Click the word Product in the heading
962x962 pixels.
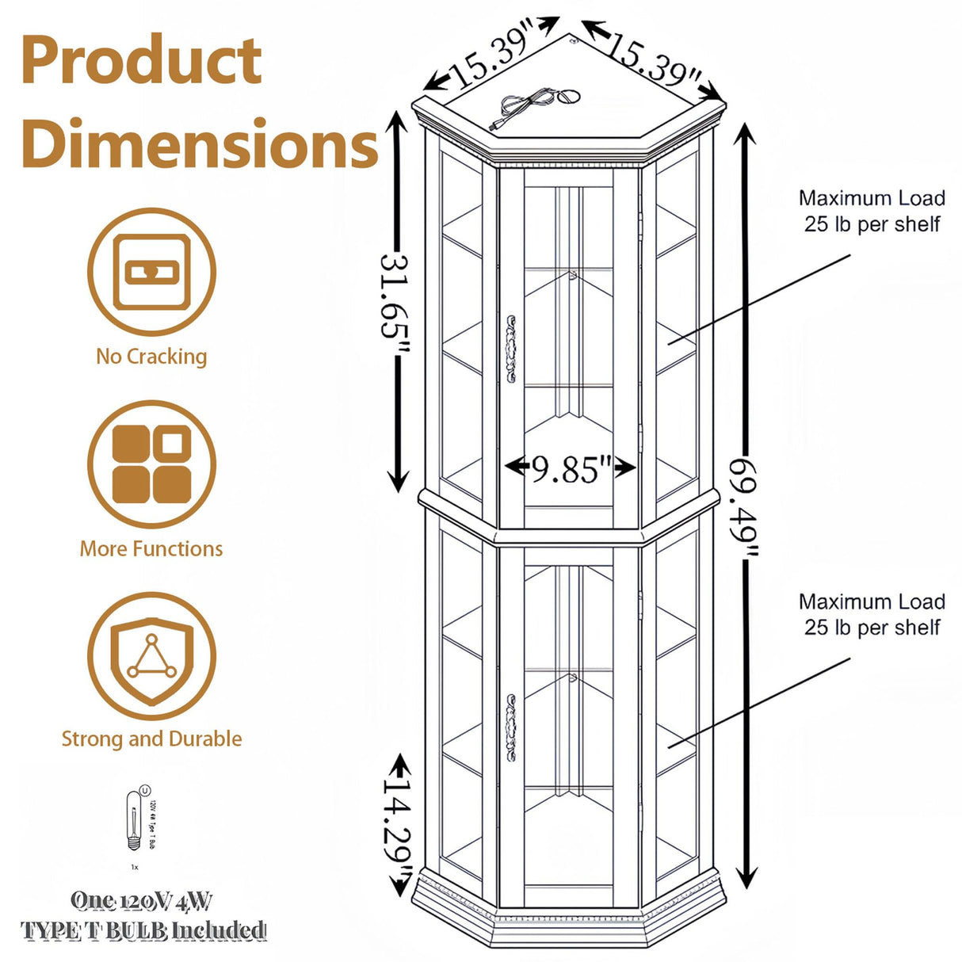tap(141, 61)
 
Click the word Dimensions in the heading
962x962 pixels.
tap(200, 143)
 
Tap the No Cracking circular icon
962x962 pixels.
tap(151, 272)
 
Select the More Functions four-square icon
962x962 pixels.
tap(151, 464)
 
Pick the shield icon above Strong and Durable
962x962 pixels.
tap(151, 657)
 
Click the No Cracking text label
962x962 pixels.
tap(151, 357)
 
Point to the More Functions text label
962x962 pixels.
tap(151, 548)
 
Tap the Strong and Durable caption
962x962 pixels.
tap(151, 739)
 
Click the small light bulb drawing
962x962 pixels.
tap(136, 824)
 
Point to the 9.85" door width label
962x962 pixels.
tap(571, 469)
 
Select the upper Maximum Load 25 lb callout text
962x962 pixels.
tap(872, 211)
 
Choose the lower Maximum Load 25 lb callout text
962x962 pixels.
tap(872, 614)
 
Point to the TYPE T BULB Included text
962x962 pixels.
tap(143, 930)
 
